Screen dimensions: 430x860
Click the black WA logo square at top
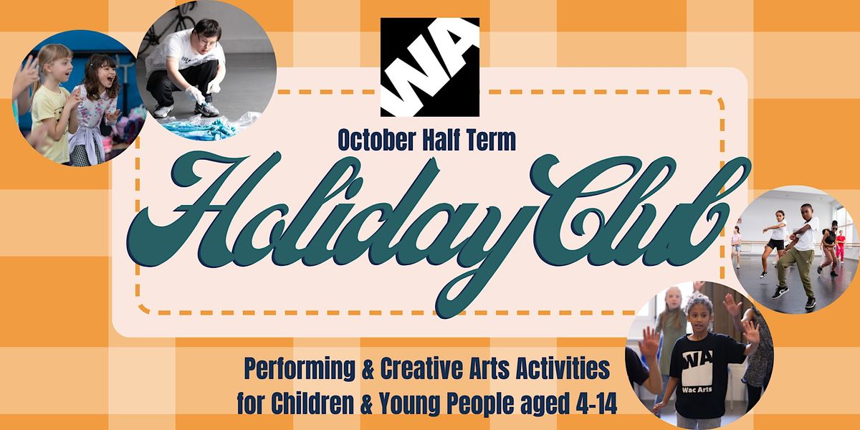click(429, 67)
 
